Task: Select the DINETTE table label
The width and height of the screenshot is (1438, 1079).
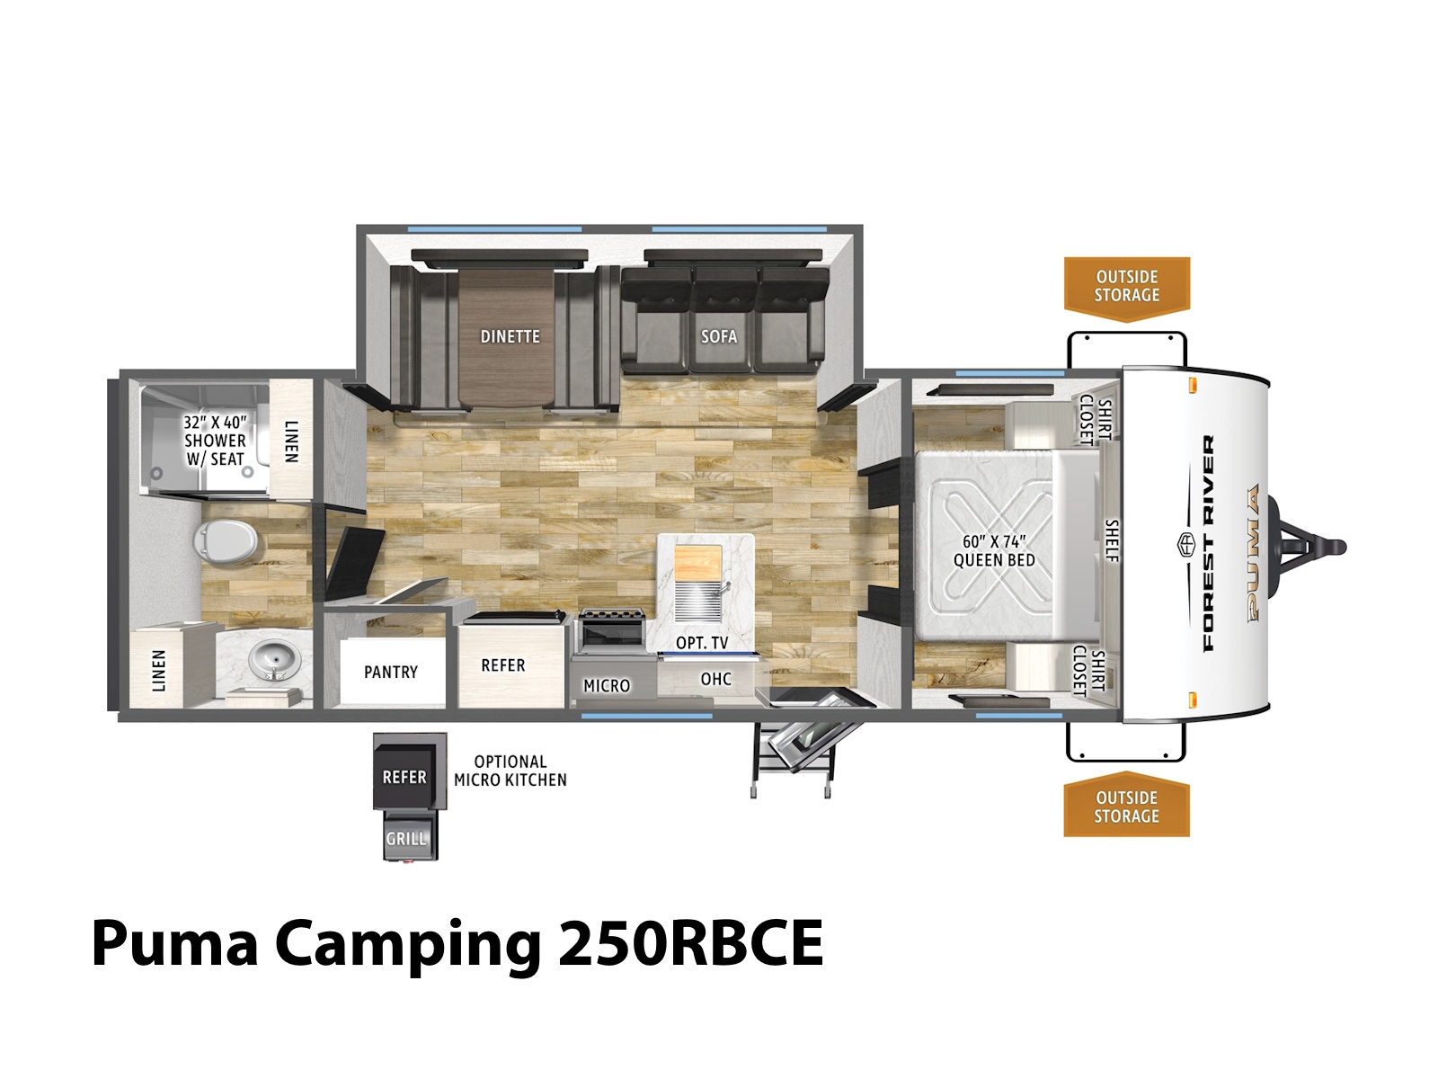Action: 510,336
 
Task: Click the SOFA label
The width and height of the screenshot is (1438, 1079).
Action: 719,336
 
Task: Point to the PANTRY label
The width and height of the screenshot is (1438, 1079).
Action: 391,673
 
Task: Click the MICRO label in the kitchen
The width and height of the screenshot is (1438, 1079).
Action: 607,686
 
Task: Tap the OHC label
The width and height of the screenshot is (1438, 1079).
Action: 715,679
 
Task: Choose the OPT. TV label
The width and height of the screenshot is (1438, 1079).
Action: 702,643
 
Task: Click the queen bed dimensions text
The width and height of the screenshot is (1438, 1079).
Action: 994,551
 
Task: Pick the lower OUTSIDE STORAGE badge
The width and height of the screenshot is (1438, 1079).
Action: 1126,807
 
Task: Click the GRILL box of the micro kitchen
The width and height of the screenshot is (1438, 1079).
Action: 405,836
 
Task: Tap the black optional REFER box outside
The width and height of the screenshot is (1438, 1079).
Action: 404,778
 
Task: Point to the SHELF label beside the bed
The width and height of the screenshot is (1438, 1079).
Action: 1113,540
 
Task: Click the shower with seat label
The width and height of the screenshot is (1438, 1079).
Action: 215,441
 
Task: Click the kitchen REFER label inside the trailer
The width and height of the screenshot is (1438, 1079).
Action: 503,665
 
